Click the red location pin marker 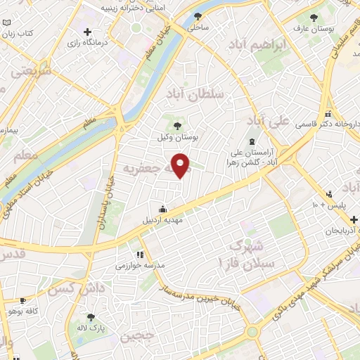coord(181,165)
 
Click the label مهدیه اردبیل coord(163,220)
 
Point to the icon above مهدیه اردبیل coord(163,209)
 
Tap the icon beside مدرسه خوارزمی coord(140,255)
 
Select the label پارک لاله coord(91,328)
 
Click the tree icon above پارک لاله coord(91,317)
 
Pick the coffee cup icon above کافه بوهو coord(23,300)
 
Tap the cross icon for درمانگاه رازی coord(86,32)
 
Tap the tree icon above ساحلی coord(199,15)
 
